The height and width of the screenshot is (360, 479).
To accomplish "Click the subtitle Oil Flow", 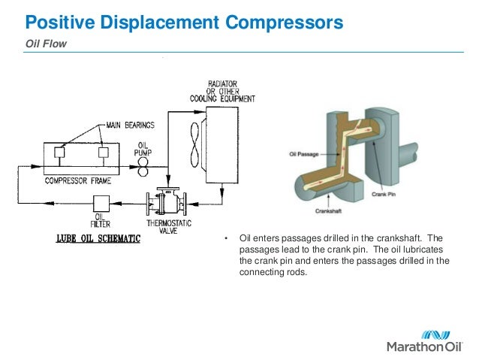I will [47, 44].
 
